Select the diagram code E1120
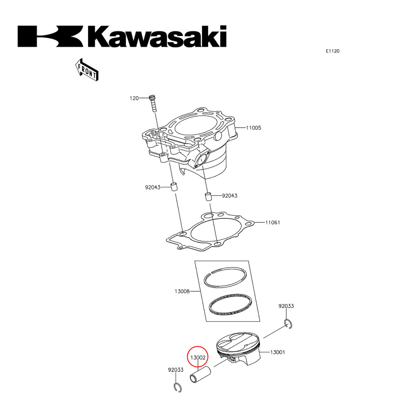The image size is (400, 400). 332,51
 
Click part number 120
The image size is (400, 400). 134,98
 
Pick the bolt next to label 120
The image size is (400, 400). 153,104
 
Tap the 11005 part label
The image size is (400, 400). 253,128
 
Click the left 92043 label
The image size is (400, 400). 152,187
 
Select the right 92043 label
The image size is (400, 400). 230,196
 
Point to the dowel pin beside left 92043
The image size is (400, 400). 174,187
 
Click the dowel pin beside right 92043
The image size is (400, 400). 208,196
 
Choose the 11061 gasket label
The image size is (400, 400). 272,222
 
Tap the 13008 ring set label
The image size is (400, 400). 182,291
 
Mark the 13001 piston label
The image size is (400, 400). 278,352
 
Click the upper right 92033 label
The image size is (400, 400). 286,306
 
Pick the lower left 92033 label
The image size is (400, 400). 176,370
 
